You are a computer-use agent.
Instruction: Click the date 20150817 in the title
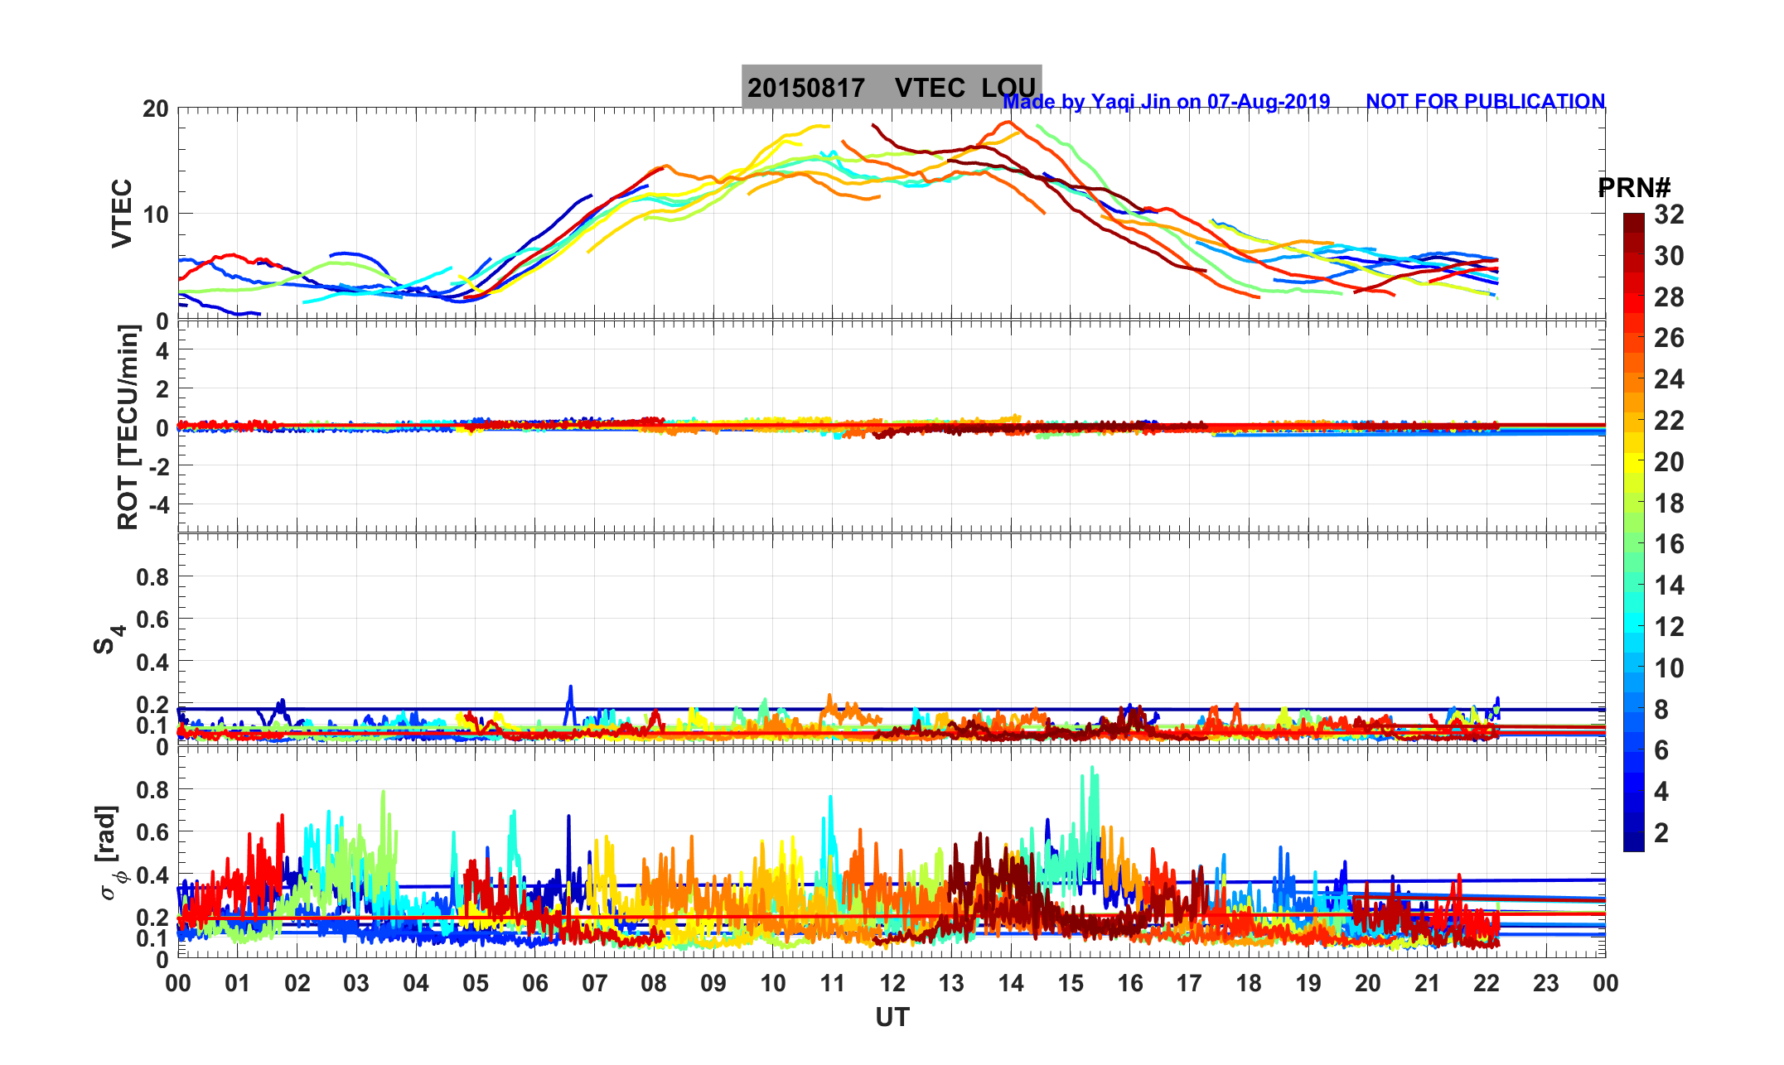tap(805, 88)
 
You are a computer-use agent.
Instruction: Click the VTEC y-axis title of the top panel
tap(122, 213)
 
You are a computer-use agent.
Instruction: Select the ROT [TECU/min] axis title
tap(128, 426)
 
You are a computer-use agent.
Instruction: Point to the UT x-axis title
tap(892, 1017)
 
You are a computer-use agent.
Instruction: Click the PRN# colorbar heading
tap(1634, 188)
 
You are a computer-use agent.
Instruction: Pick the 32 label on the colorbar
tap(1669, 214)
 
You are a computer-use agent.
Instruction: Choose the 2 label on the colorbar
tap(1661, 832)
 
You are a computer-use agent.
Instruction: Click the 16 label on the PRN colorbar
tap(1669, 544)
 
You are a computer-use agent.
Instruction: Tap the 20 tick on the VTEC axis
tap(156, 109)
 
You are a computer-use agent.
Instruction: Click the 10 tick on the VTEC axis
tap(156, 214)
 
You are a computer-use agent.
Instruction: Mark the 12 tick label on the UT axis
tap(892, 984)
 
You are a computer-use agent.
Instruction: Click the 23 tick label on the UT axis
tap(1546, 984)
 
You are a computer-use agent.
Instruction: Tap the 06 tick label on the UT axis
tap(535, 984)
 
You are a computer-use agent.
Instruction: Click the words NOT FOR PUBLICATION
tap(1485, 101)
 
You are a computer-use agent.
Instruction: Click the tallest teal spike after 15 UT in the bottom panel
tap(1093, 770)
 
